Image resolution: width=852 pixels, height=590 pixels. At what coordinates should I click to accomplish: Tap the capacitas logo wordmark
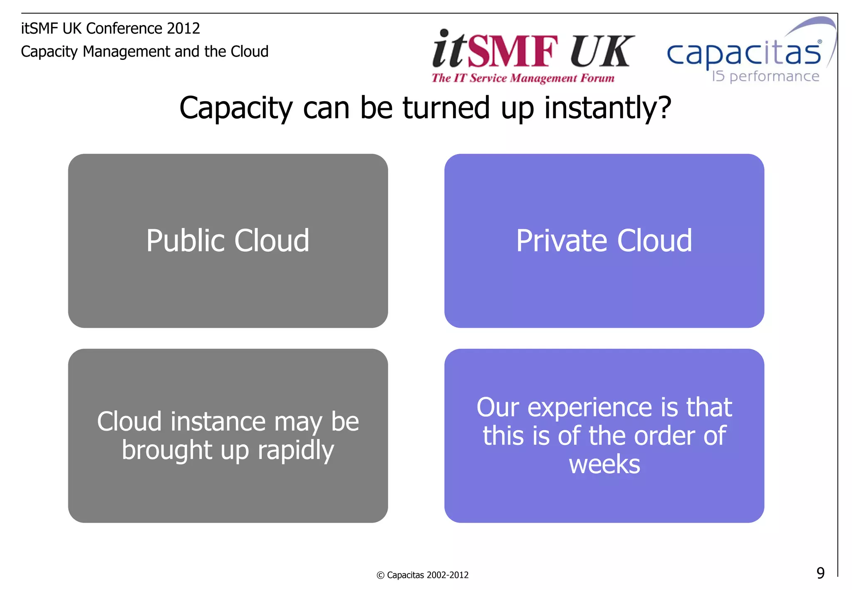744,54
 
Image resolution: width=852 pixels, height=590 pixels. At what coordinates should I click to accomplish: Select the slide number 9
820,573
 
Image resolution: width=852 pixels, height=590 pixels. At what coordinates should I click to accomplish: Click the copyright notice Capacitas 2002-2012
423,575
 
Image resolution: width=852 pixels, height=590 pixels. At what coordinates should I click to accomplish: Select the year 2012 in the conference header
183,28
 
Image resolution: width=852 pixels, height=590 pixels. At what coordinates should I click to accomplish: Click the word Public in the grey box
185,241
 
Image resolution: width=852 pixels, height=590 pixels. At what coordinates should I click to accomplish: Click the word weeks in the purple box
604,464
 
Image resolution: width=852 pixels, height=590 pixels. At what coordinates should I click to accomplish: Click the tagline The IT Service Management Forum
523,78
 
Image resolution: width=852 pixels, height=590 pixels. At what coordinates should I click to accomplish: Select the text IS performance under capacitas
765,77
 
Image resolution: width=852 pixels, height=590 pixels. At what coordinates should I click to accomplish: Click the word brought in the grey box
167,450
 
